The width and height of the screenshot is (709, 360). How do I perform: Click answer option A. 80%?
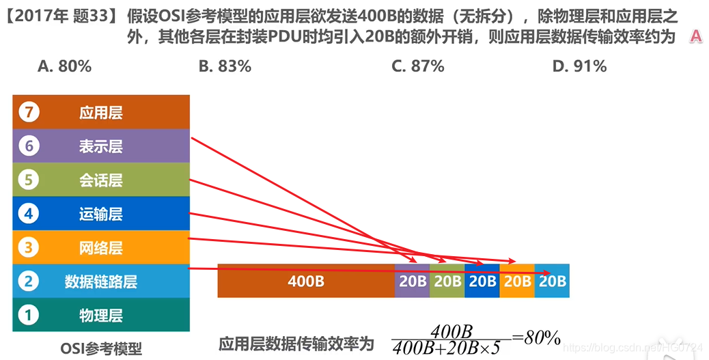pos(65,66)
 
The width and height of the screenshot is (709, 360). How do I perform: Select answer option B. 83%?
pos(225,66)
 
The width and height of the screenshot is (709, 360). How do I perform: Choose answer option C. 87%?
pos(418,66)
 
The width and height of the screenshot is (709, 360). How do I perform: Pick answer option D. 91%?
pos(579,66)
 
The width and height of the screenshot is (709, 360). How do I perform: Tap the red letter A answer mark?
pos(695,37)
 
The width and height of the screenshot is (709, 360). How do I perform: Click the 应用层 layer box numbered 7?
pos(100,112)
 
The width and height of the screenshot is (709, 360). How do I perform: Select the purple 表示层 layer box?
pos(100,146)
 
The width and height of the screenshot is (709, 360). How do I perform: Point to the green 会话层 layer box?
pos(100,180)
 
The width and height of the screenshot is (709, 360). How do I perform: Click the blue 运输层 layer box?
pos(100,214)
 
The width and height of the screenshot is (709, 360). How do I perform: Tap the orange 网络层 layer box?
pos(100,247)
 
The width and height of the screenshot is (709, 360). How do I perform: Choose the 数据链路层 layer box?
pos(100,281)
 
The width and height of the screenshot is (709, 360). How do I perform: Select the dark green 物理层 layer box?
pos(100,315)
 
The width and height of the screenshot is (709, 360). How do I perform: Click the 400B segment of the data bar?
pos(305,281)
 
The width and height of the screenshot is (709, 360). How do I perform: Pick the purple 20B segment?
pos(413,281)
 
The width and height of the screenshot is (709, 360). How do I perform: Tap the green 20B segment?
pos(447,281)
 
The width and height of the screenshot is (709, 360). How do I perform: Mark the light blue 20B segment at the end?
pos(552,281)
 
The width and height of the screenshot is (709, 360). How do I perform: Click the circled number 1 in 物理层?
pos(28,315)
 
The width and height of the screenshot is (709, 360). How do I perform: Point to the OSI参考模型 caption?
pos(101,347)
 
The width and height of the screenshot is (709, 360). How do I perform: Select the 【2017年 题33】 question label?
pos(61,16)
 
